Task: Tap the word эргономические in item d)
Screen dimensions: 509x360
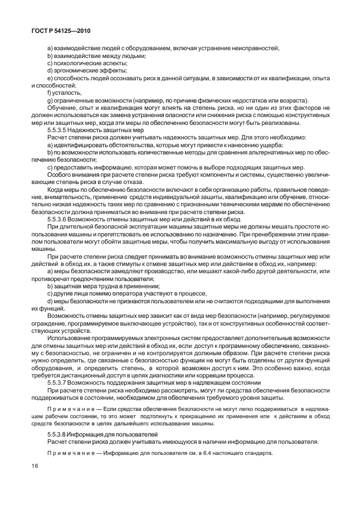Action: coord(75,71)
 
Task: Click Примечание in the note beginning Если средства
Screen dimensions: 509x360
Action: coord(65,408)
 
